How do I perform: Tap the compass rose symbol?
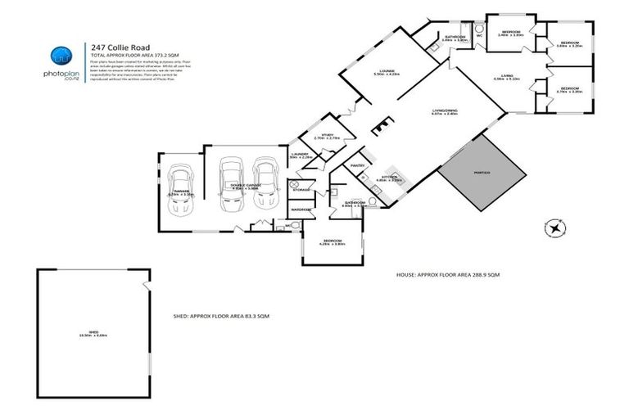556,228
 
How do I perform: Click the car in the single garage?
180,191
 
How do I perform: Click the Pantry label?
356,165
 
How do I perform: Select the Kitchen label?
390,177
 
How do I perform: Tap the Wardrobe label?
301,209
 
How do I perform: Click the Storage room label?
301,190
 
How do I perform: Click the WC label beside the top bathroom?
478,35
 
